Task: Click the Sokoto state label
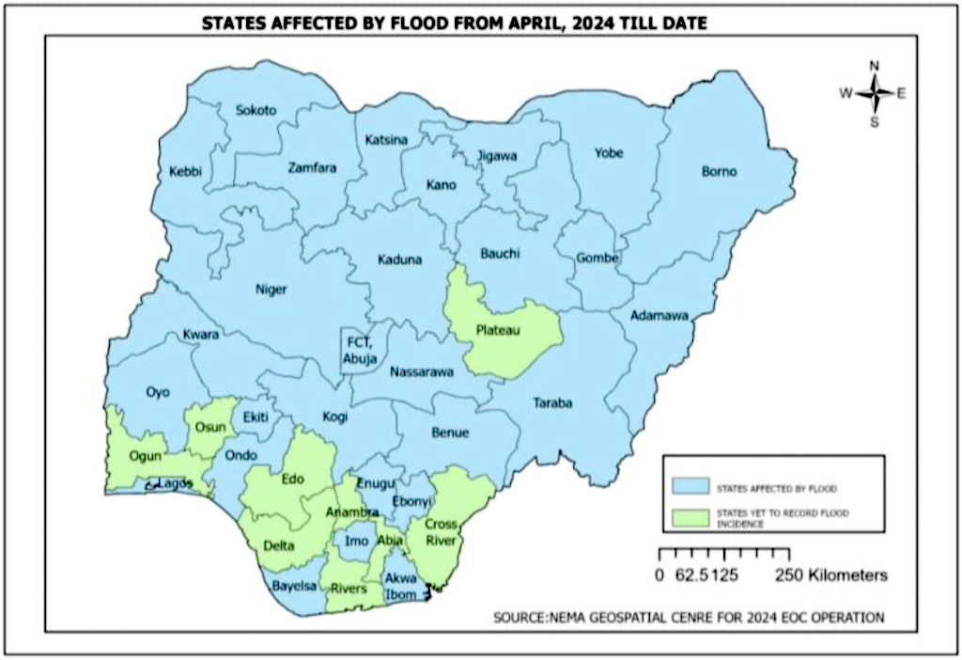[x=256, y=111]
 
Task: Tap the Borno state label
[x=720, y=172]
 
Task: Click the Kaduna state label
[x=400, y=260]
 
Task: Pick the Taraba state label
[x=553, y=403]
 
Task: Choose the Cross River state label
[x=441, y=533]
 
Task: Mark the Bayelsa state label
[x=292, y=586]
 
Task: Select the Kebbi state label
[x=185, y=172]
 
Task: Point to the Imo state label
[x=357, y=542]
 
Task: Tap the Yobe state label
[x=609, y=153]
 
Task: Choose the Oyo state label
[x=158, y=392]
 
